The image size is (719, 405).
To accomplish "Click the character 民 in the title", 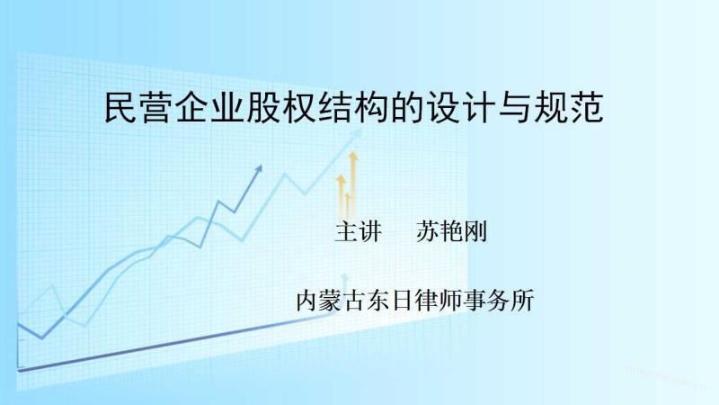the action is pyautogui.click(x=120, y=107).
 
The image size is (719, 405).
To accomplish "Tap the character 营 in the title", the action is pyautogui.click(x=156, y=107).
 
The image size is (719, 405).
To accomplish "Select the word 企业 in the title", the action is pyautogui.click(x=209, y=107).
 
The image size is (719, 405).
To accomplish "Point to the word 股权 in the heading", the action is pyautogui.click(x=280, y=107).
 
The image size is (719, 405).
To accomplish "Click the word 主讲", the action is pyautogui.click(x=358, y=231).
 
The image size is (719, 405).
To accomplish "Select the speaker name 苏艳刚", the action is pyautogui.click(x=451, y=231).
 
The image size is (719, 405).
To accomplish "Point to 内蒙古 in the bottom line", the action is pyautogui.click(x=331, y=301).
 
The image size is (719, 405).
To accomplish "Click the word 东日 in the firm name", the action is pyautogui.click(x=390, y=301).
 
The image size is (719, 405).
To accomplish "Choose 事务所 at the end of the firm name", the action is pyautogui.click(x=498, y=301).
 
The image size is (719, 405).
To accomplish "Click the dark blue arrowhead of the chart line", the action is pyautogui.click(x=259, y=168).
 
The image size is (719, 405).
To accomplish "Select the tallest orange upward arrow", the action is pyautogui.click(x=353, y=184).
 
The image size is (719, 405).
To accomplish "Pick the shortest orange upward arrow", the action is pyautogui.click(x=348, y=205).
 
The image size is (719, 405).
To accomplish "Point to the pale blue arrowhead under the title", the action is pyautogui.click(x=356, y=134).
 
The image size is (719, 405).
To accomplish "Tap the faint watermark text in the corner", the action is pyautogui.click(x=666, y=375).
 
